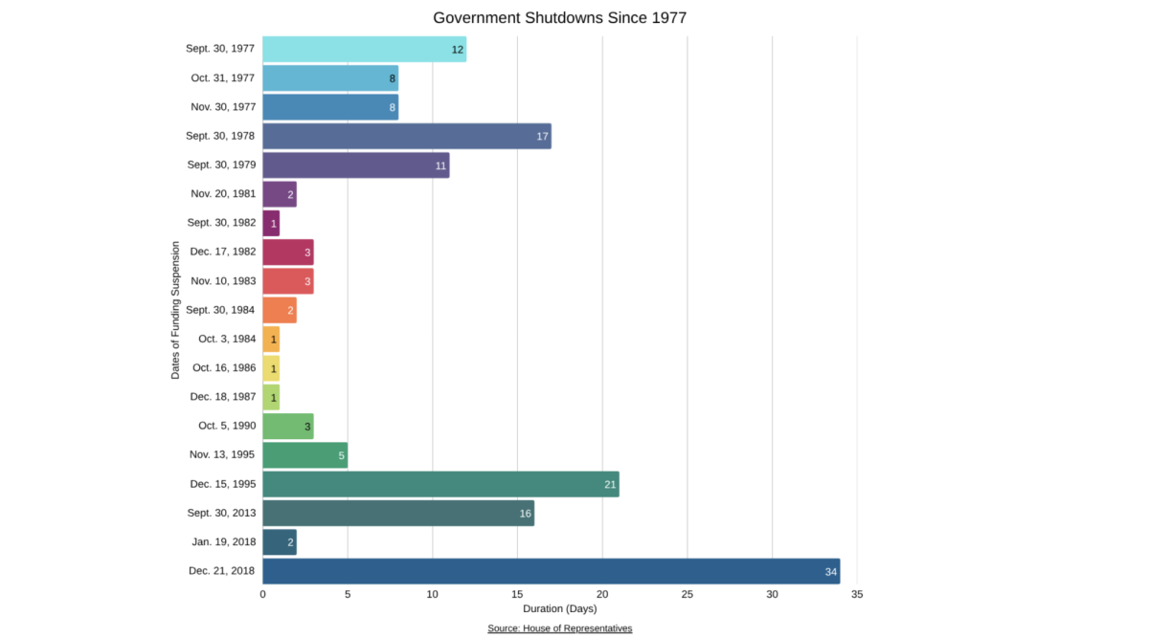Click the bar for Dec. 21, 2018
(551, 571)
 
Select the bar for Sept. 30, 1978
(406, 136)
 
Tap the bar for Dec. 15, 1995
(440, 484)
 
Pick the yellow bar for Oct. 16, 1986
(270, 367)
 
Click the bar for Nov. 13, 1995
(304, 455)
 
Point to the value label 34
(830, 572)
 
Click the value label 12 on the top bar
(458, 50)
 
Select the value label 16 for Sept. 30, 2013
(525, 514)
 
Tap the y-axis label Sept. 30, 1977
(220, 48)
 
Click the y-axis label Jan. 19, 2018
(223, 542)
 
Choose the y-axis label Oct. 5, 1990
(227, 426)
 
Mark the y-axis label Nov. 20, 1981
(223, 193)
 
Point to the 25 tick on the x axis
(687, 595)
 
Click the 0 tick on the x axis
(262, 595)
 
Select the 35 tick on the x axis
(856, 595)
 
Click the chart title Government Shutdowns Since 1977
(559, 18)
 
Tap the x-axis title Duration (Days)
(559, 609)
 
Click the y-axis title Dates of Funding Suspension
(175, 310)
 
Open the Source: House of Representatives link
(559, 628)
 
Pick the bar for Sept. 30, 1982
(270, 223)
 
